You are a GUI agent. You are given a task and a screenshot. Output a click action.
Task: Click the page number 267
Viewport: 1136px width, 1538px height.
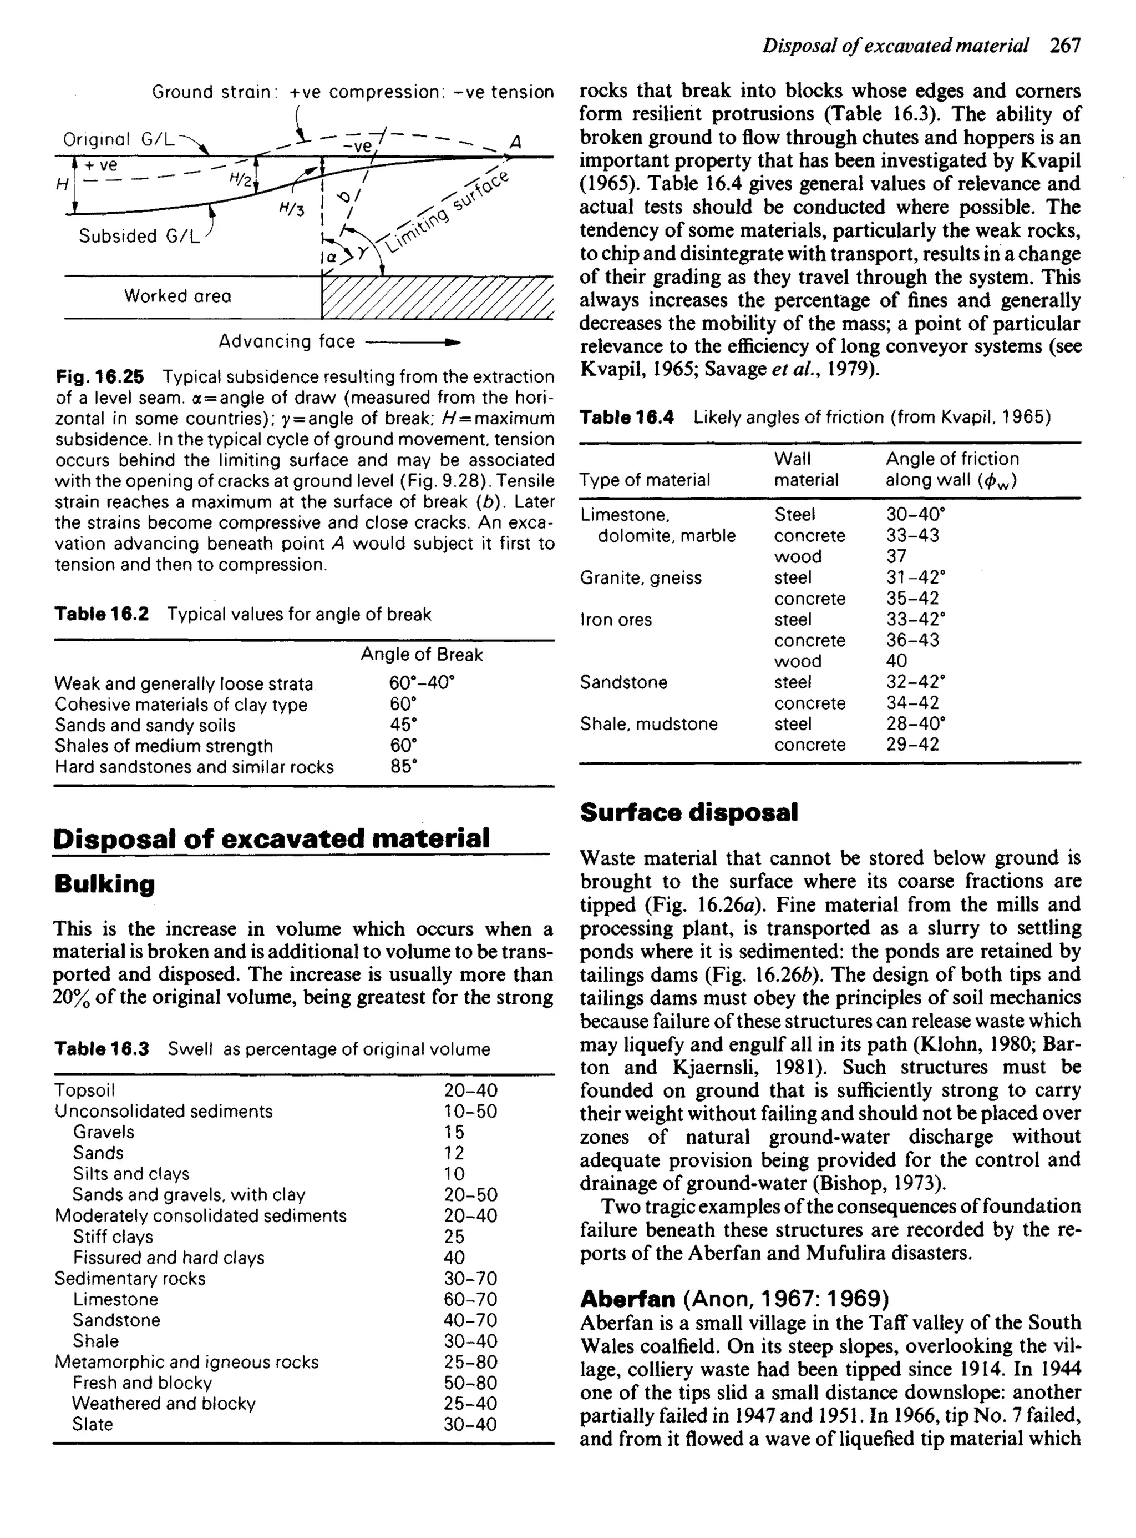pos(1064,46)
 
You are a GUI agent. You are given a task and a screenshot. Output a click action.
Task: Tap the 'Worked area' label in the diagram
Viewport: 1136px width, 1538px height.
pos(177,296)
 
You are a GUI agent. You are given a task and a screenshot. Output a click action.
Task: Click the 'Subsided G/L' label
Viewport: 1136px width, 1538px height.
pos(138,237)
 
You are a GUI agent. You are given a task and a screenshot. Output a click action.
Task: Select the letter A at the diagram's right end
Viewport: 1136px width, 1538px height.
pos(516,143)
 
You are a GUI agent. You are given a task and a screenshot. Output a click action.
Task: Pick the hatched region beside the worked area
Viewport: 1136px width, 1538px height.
pos(437,297)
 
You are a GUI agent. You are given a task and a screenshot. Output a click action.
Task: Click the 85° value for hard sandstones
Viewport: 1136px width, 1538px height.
pos(404,767)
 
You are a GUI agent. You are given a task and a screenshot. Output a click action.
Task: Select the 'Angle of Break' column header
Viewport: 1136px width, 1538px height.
pos(422,655)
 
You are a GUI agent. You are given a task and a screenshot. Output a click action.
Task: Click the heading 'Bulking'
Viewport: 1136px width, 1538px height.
pos(104,883)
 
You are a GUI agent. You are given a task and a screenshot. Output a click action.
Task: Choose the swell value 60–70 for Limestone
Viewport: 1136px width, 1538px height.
pos(470,1299)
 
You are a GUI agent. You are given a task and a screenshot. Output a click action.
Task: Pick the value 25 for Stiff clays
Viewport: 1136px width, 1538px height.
pos(454,1237)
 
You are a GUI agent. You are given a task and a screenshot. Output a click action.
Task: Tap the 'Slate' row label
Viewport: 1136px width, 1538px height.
pos(92,1425)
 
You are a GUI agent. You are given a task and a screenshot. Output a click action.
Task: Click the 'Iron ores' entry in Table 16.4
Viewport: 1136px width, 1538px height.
pos(616,619)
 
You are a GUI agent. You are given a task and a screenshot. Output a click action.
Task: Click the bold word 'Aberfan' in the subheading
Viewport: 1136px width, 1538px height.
pos(627,1299)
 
